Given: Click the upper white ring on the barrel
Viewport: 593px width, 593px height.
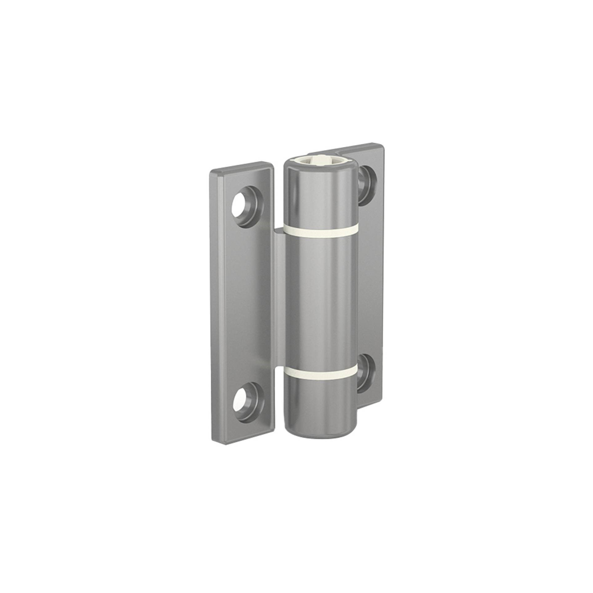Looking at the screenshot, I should pos(320,230).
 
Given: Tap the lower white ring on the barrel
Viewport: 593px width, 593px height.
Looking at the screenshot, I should pos(320,372).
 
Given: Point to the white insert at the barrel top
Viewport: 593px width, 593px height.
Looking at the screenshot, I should pos(320,160).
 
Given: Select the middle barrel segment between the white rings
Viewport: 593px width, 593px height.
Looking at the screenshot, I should pos(320,299).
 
